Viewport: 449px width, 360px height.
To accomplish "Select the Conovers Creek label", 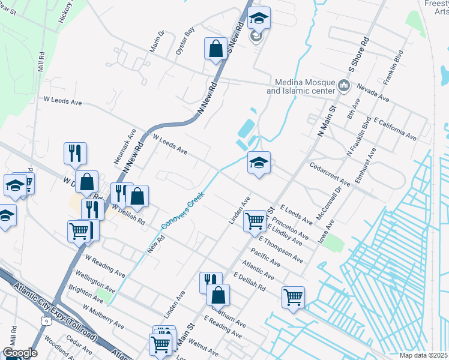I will click(183, 211).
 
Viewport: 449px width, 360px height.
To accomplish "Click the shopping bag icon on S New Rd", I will click(215, 49).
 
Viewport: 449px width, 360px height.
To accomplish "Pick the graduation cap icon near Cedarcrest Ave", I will click(259, 163).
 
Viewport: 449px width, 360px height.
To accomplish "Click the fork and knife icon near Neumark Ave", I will click(75, 153).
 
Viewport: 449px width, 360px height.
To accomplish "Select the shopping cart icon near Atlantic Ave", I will click(293, 296).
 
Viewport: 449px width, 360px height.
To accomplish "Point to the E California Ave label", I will click(394, 129).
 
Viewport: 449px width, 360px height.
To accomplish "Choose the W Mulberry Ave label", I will click(103, 316).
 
